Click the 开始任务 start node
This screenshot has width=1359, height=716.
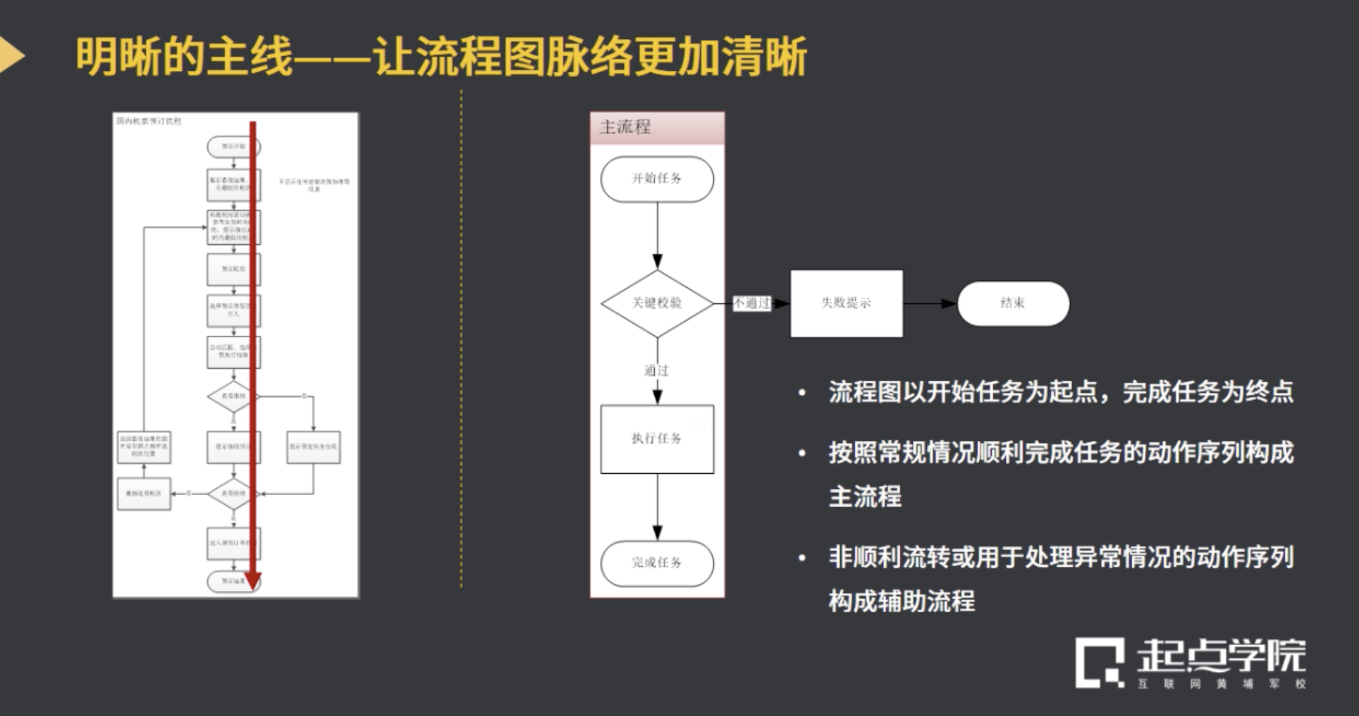tap(657, 179)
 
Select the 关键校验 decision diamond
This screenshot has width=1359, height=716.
tap(657, 303)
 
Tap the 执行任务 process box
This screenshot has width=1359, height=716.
tap(657, 438)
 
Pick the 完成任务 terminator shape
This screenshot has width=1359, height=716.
tap(657, 563)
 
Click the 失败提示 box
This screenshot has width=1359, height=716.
tap(846, 303)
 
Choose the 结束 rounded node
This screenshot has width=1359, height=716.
tap(1013, 303)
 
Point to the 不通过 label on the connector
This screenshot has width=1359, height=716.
tap(752, 303)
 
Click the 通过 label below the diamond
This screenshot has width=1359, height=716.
tap(656, 370)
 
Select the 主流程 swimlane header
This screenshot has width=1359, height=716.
tap(657, 127)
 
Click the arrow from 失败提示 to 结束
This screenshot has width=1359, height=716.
tap(930, 303)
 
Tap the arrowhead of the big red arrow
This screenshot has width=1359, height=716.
tap(253, 581)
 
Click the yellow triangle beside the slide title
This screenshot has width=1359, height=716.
tap(11, 55)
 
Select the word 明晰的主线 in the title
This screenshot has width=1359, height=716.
tap(184, 56)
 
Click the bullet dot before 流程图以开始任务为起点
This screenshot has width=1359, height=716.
tap(802, 393)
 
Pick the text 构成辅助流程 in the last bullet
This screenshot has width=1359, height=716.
tap(901, 600)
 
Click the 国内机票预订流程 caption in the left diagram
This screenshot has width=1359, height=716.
tap(148, 121)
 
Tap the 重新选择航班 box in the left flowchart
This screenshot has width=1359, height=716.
tap(144, 494)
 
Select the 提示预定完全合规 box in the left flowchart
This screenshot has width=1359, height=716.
tap(313, 446)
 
